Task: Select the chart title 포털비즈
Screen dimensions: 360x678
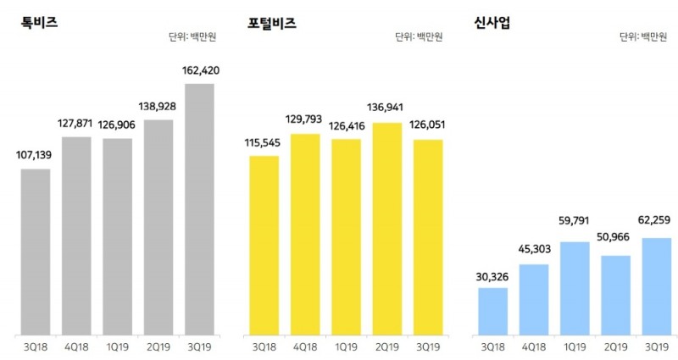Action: click(x=272, y=23)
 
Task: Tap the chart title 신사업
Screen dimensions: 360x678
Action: click(x=492, y=23)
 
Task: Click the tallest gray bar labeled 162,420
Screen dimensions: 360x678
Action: click(x=199, y=208)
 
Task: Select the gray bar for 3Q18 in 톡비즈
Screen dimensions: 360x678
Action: click(x=36, y=252)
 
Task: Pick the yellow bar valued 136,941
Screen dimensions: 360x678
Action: click(x=387, y=229)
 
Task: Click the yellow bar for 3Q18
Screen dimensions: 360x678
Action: click(x=264, y=245)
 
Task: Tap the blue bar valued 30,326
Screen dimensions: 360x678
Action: click(x=492, y=311)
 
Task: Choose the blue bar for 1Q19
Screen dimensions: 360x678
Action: click(x=575, y=288)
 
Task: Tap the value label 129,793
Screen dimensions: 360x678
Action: click(x=305, y=119)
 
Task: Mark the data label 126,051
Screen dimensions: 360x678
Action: click(x=429, y=125)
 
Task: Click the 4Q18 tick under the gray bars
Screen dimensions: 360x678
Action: click(x=76, y=346)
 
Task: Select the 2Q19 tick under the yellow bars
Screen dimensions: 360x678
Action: click(x=387, y=346)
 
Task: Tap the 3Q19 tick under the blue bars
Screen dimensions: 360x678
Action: click(x=657, y=346)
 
